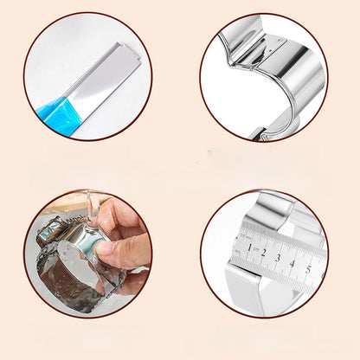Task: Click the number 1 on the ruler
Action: coord(249,247)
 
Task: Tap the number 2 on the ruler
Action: coord(263,253)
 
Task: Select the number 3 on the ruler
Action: coord(278,258)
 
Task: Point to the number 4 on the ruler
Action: coord(292,264)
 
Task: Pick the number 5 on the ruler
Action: coord(308,270)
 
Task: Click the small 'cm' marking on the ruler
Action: coord(255,250)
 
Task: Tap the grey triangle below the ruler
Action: coord(296,293)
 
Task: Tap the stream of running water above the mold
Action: coord(92,209)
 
